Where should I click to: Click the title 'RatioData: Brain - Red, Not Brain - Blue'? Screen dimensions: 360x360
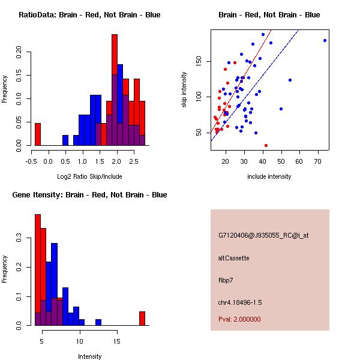tap(89, 14)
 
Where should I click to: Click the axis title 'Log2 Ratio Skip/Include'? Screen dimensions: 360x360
tap(89, 176)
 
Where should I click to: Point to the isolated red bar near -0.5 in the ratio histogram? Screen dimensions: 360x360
tap(37, 134)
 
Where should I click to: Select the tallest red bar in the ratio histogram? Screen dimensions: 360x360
tap(115, 90)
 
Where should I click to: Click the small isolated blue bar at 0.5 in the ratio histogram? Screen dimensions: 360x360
tap(65, 140)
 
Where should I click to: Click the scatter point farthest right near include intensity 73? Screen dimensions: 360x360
tap(325, 40)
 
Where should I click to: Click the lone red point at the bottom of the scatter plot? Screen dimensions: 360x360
tap(266, 145)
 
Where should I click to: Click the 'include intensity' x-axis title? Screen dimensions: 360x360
tap(269, 176)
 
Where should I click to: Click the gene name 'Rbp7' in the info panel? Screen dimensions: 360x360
tap(226, 280)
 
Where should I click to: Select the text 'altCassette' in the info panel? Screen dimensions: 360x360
tap(234, 258)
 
